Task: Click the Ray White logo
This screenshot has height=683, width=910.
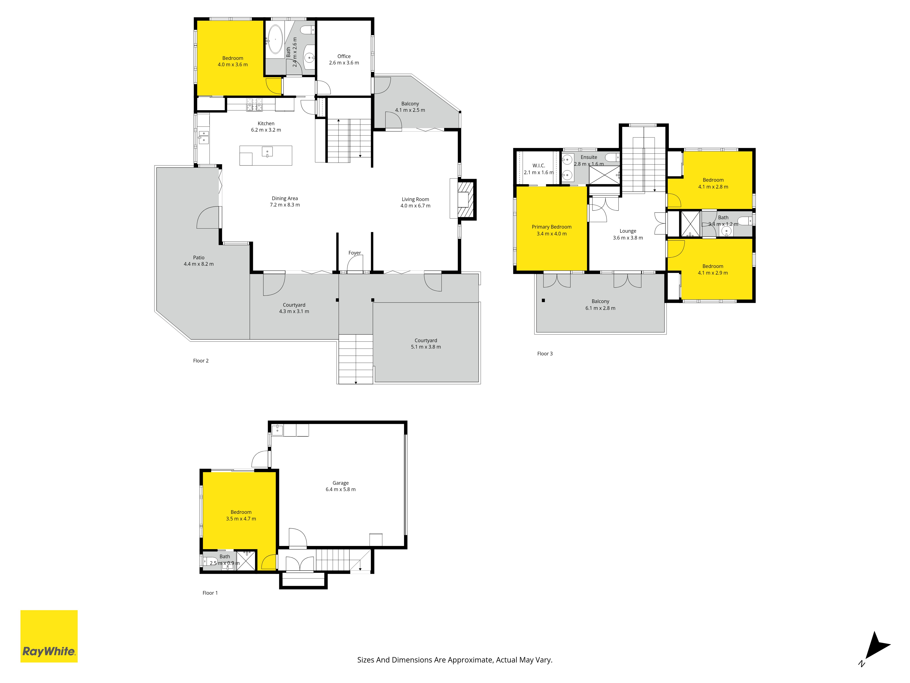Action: click(x=49, y=636)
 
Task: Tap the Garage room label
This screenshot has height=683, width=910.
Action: click(x=341, y=483)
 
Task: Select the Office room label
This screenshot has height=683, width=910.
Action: click(x=344, y=56)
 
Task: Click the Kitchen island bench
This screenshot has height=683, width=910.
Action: click(x=266, y=156)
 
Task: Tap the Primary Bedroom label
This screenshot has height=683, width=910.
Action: click(x=552, y=227)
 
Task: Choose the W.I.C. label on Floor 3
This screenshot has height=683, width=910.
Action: click(x=539, y=166)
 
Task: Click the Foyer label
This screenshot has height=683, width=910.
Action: click(x=355, y=253)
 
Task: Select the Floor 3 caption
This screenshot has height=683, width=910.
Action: click(x=545, y=354)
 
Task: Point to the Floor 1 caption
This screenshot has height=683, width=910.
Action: click(x=210, y=593)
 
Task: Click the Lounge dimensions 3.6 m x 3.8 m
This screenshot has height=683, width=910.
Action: click(x=628, y=238)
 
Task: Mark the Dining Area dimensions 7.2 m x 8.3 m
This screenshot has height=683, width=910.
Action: click(x=285, y=205)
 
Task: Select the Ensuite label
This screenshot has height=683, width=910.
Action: click(x=589, y=157)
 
